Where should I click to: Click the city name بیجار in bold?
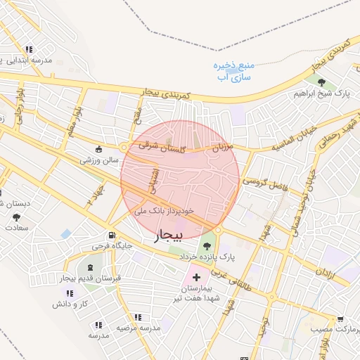(x=169, y=235)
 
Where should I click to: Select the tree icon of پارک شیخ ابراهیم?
(x=321, y=83)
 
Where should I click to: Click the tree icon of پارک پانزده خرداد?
(x=207, y=245)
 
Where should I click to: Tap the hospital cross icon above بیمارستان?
(x=196, y=278)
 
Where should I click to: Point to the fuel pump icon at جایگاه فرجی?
(x=112, y=236)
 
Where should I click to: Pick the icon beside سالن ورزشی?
(x=98, y=149)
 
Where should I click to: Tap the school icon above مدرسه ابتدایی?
(x=29, y=49)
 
